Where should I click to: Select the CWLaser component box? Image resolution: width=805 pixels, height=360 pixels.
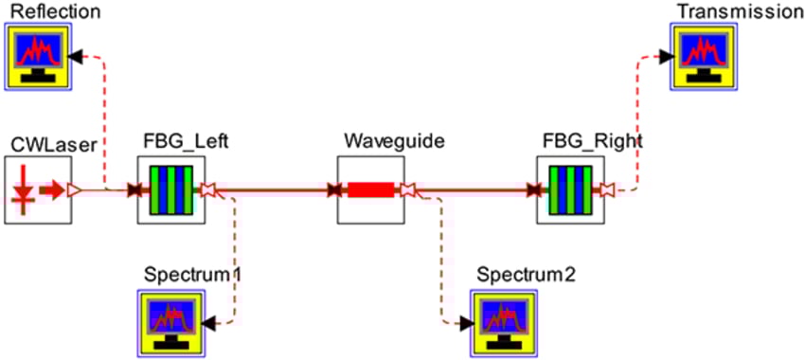(x=39, y=190)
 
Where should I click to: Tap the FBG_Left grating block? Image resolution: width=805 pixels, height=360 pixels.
(x=171, y=190)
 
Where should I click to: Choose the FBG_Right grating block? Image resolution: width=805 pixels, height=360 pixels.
(x=571, y=190)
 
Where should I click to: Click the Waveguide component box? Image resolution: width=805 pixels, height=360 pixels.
(x=372, y=190)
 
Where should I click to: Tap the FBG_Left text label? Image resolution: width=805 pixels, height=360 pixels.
(x=187, y=142)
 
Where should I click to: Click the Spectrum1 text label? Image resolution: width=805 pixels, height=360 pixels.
(x=193, y=275)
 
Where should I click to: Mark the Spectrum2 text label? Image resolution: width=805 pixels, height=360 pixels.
(x=526, y=275)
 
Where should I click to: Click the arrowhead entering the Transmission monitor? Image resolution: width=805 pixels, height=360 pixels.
(x=666, y=56)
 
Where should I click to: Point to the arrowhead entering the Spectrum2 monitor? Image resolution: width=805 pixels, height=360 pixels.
(x=467, y=322)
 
